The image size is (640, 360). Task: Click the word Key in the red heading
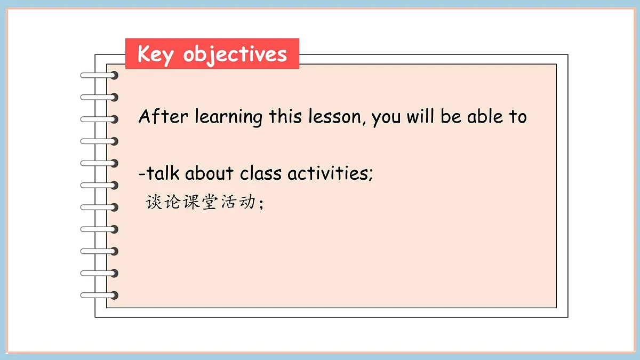[155, 54]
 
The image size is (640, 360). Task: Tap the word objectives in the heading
[235, 54]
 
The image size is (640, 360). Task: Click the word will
[421, 116]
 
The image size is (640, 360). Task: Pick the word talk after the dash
[163, 173]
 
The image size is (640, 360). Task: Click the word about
[210, 173]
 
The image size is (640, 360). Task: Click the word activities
[328, 173]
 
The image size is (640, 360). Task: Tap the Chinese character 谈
[155, 203]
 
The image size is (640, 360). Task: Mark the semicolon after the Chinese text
[261, 205]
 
